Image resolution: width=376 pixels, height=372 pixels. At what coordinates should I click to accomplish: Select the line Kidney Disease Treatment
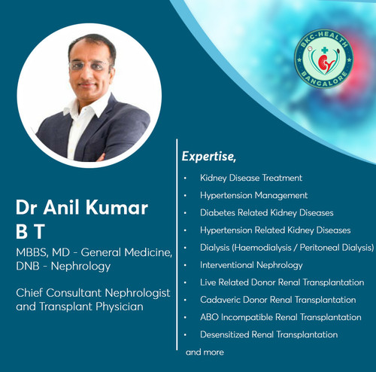coord(251,178)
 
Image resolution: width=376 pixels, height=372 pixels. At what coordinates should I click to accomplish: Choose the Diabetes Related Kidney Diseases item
coord(266,213)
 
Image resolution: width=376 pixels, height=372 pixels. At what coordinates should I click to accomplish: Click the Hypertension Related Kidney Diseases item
coord(275,230)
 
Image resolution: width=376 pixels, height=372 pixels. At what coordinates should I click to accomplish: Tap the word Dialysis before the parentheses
coord(215,248)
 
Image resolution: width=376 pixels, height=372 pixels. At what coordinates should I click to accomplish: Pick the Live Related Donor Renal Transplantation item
coord(282,282)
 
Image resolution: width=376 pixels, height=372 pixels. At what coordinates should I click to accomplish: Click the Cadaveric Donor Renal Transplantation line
coord(278,300)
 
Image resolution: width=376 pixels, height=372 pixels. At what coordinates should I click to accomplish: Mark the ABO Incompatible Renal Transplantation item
coord(280,317)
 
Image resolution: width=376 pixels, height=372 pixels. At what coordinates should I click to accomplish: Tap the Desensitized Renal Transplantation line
coord(268,334)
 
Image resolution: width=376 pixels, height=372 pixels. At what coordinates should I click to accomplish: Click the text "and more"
coord(205,352)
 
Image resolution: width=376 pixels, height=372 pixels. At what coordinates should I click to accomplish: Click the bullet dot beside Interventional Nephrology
coord(186,266)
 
